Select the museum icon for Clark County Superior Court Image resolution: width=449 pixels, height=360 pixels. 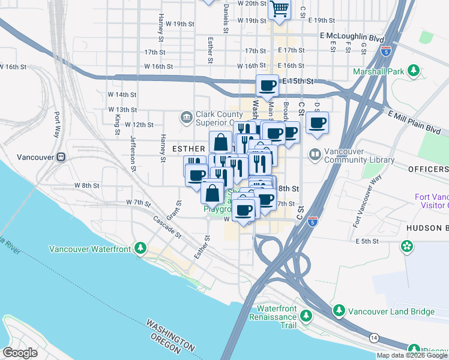pos(186,116)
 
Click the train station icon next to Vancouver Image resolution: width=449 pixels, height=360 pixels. pos(61,157)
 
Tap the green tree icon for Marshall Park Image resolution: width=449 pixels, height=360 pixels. pos(413,71)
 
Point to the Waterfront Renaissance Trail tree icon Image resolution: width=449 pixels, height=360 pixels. pos(307,315)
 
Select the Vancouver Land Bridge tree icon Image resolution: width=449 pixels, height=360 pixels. pos(339,311)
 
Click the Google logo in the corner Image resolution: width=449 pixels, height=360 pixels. pos(20,352)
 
